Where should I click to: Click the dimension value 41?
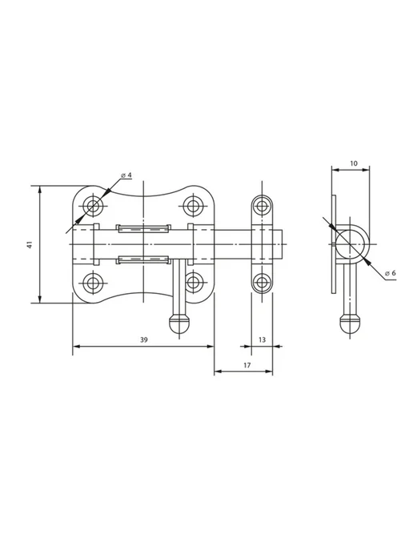coord(30,244)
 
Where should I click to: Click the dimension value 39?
coord(144,340)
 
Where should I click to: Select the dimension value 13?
coord(262,340)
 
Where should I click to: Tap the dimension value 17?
coord(247,365)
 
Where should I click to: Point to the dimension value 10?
coord(354,163)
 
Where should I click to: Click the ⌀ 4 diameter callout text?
coord(126,175)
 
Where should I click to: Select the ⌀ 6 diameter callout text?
coord(390,273)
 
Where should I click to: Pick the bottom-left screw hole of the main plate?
coord(94,282)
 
